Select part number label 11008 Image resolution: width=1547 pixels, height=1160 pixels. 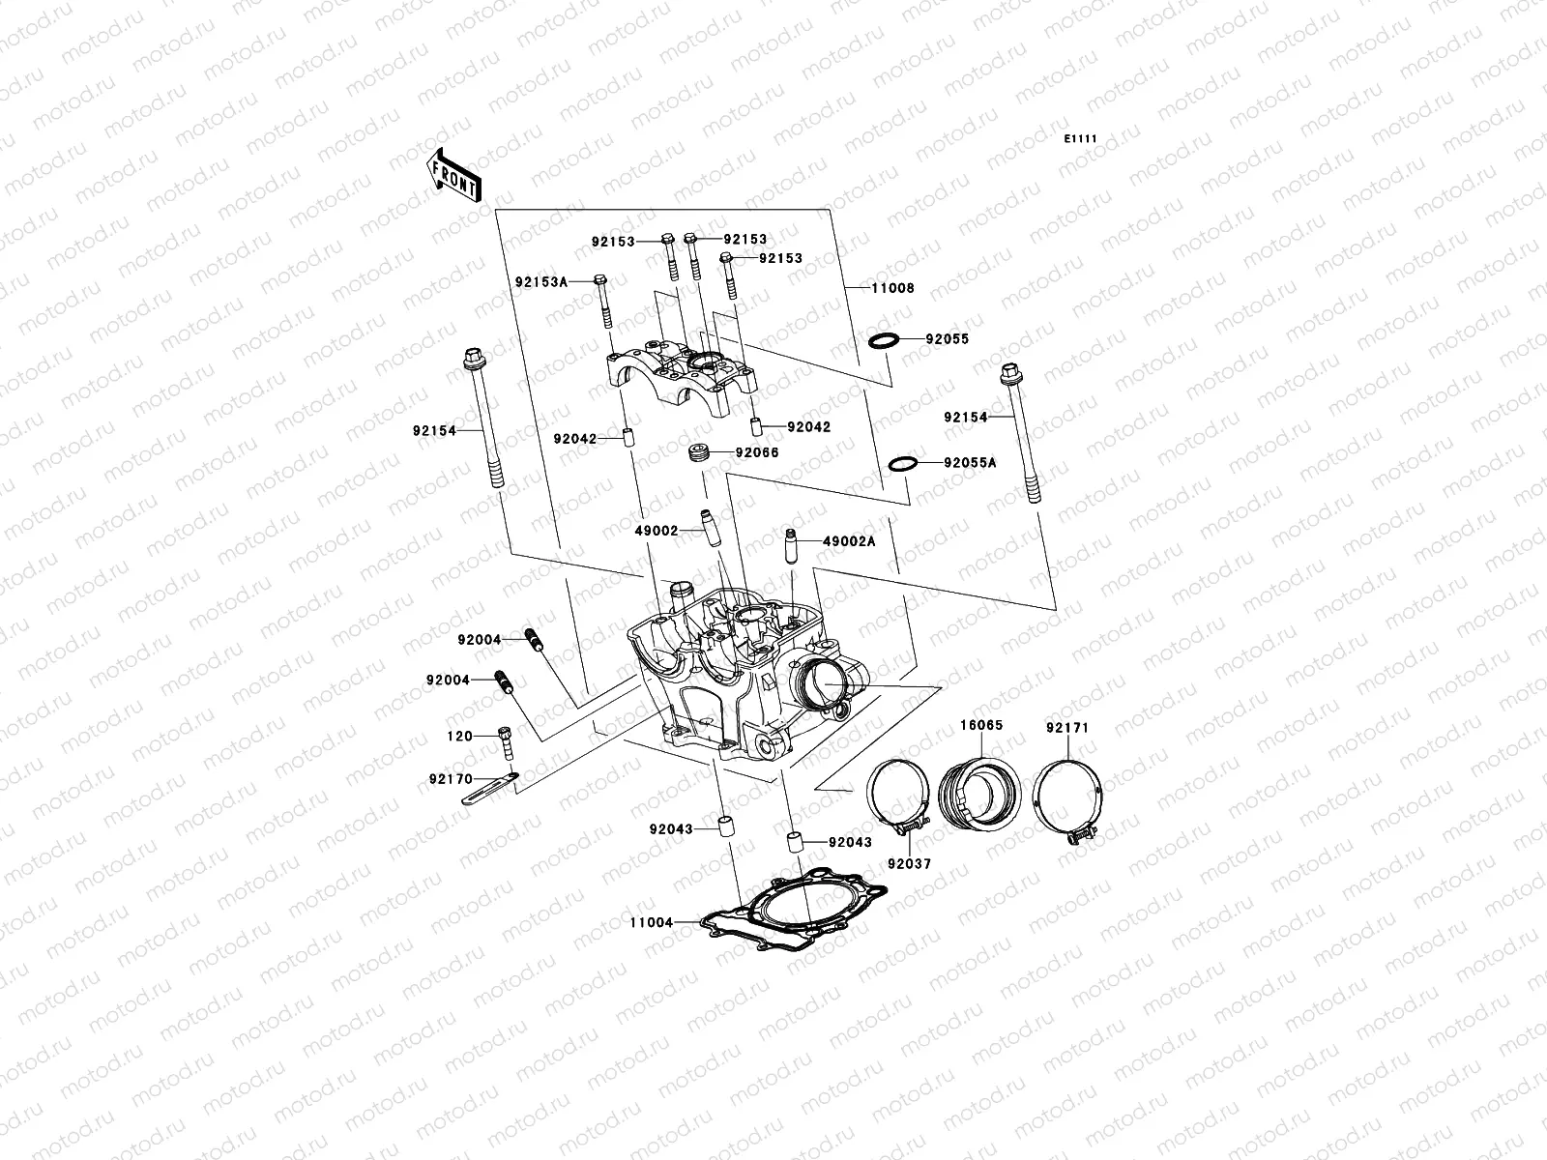point(892,288)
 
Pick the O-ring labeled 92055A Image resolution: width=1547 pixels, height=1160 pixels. point(902,464)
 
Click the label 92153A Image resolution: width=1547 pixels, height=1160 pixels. point(540,281)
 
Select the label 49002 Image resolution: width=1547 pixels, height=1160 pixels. point(657,531)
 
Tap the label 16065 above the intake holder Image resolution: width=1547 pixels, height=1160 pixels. point(980,724)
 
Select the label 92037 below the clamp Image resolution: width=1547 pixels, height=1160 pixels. point(909,863)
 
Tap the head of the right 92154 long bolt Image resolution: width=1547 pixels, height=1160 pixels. point(1009,373)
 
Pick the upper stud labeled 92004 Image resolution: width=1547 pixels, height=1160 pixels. point(532,639)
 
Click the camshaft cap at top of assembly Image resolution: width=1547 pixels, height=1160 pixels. point(682,379)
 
